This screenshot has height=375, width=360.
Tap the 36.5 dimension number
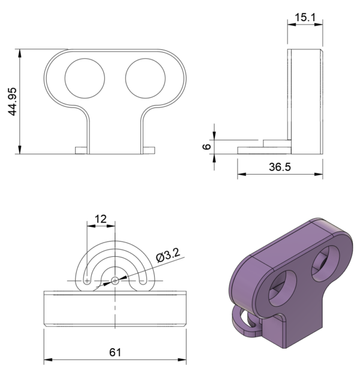click(x=280, y=167)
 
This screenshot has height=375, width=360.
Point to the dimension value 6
click(x=206, y=146)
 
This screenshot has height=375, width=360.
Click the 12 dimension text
click(x=101, y=219)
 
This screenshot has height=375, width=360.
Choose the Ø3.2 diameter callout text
click(x=169, y=256)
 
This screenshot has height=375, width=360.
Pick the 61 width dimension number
click(x=114, y=352)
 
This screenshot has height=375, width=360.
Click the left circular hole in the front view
click(x=85, y=78)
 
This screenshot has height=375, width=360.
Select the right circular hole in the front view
click(x=146, y=78)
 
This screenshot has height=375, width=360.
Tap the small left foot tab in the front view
click(x=81, y=149)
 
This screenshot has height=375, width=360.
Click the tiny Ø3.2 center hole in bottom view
click(x=115, y=280)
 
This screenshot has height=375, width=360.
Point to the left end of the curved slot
click(x=88, y=280)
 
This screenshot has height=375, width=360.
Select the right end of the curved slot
click(x=142, y=280)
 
